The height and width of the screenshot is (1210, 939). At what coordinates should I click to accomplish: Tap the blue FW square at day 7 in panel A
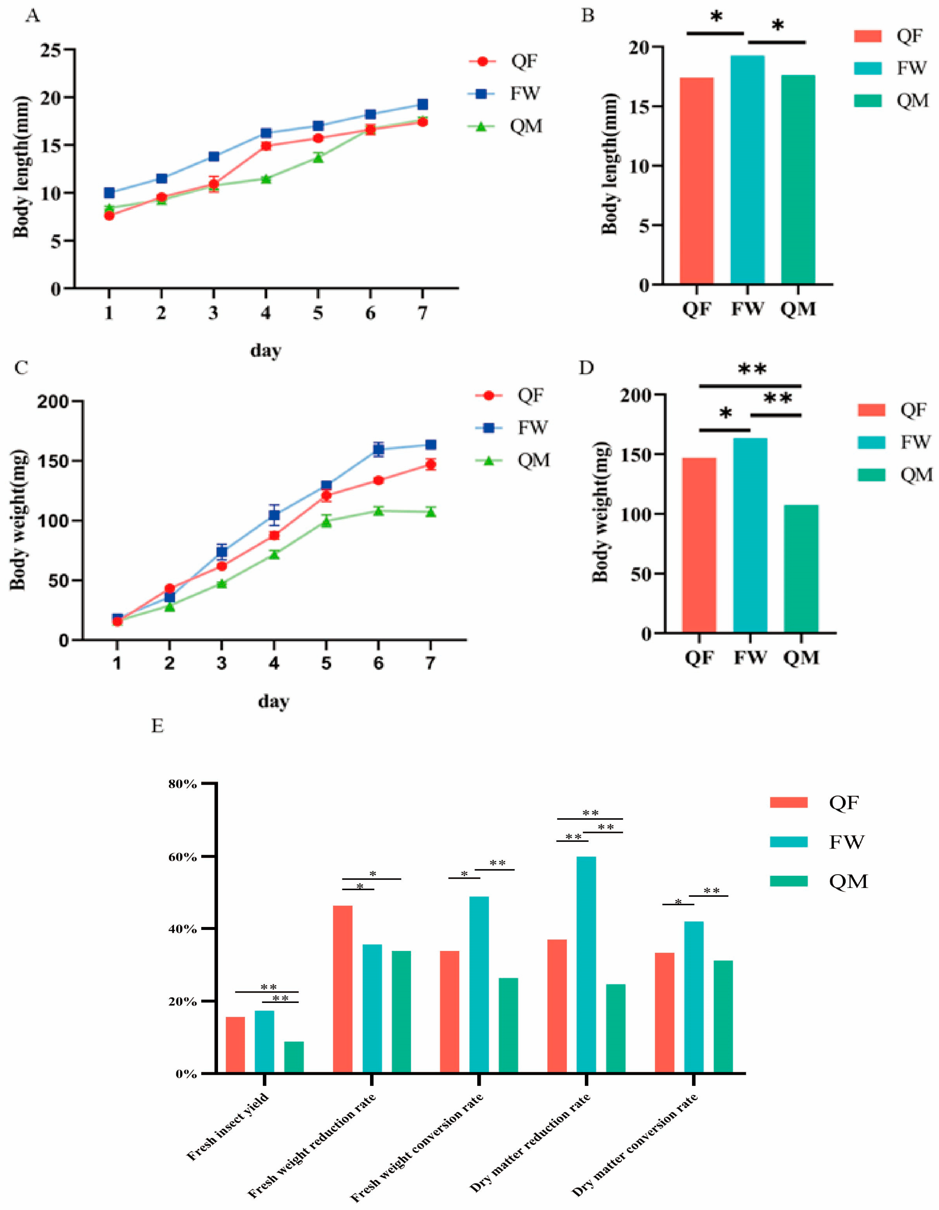(422, 104)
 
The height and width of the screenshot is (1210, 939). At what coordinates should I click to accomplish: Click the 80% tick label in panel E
(183, 784)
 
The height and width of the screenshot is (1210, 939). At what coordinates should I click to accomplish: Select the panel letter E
(158, 726)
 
